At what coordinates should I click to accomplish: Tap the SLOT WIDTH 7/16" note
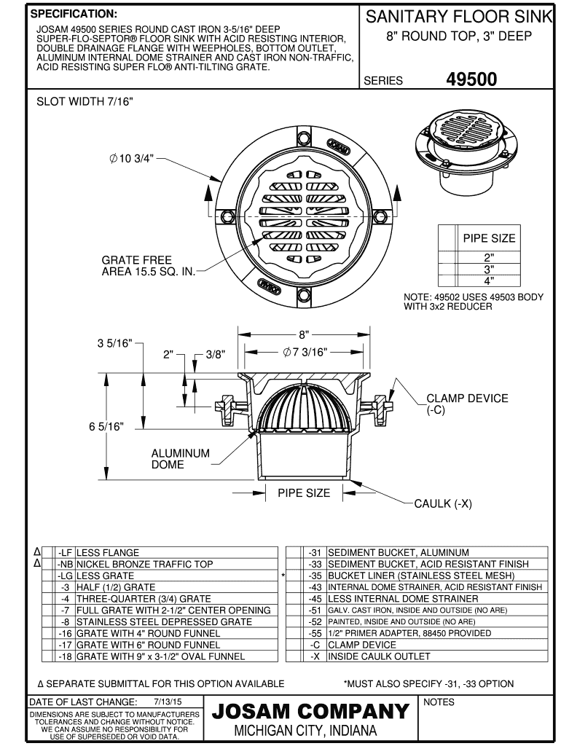85,101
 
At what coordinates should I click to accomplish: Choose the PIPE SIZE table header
488,238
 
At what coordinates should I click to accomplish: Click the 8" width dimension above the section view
302,334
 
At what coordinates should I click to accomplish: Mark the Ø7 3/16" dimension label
305,352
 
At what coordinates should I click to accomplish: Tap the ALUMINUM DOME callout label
180,458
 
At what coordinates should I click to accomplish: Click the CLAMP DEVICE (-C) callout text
467,404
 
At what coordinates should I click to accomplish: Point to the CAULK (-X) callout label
443,503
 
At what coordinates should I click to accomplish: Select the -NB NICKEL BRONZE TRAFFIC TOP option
144,564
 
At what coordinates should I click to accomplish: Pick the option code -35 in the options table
315,576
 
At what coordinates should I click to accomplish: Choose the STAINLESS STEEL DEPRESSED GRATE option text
164,621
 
